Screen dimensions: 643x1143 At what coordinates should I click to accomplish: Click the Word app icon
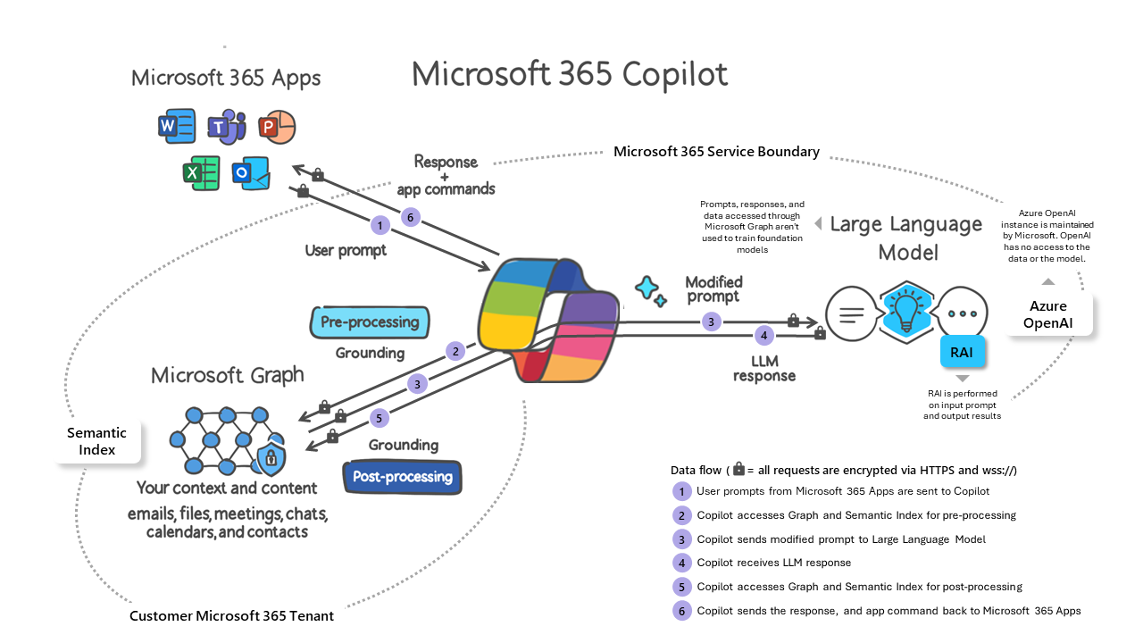coord(176,126)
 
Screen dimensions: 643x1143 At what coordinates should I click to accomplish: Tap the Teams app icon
coord(226,128)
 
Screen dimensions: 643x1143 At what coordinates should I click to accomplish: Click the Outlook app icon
coord(251,173)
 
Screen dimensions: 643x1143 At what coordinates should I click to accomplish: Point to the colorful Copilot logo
coord(547,319)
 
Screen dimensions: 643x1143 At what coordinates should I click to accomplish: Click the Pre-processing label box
coord(370,322)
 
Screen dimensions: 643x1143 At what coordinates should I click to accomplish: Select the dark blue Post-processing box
coord(403,477)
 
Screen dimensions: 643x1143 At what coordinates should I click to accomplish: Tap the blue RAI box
coord(962,353)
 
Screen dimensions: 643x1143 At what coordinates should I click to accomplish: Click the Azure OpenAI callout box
coord(1047,313)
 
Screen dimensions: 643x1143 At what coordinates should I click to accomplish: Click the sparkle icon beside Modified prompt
coord(649,289)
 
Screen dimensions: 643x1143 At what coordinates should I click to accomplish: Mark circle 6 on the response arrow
coord(410,216)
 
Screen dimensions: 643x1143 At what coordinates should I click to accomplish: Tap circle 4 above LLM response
coord(763,336)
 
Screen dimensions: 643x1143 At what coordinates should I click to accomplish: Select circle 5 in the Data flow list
coord(682,587)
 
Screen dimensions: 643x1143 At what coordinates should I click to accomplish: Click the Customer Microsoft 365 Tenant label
coord(231,616)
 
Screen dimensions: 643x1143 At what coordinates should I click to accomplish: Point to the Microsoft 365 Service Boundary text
coord(716,152)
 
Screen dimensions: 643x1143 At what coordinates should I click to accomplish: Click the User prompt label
coord(346,250)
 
